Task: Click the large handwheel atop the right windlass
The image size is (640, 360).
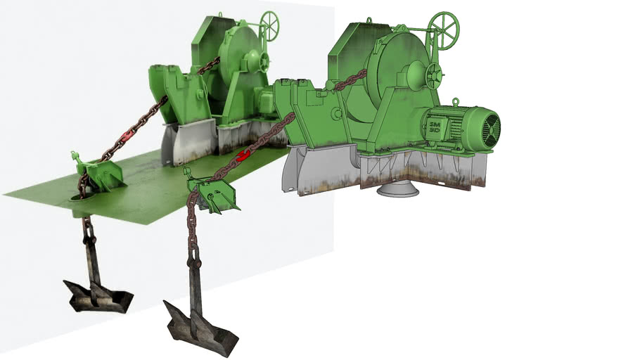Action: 444,30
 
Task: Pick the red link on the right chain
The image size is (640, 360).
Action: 245,155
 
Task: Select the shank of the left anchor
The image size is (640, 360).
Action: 92,260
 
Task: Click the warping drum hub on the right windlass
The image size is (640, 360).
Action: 415,73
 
